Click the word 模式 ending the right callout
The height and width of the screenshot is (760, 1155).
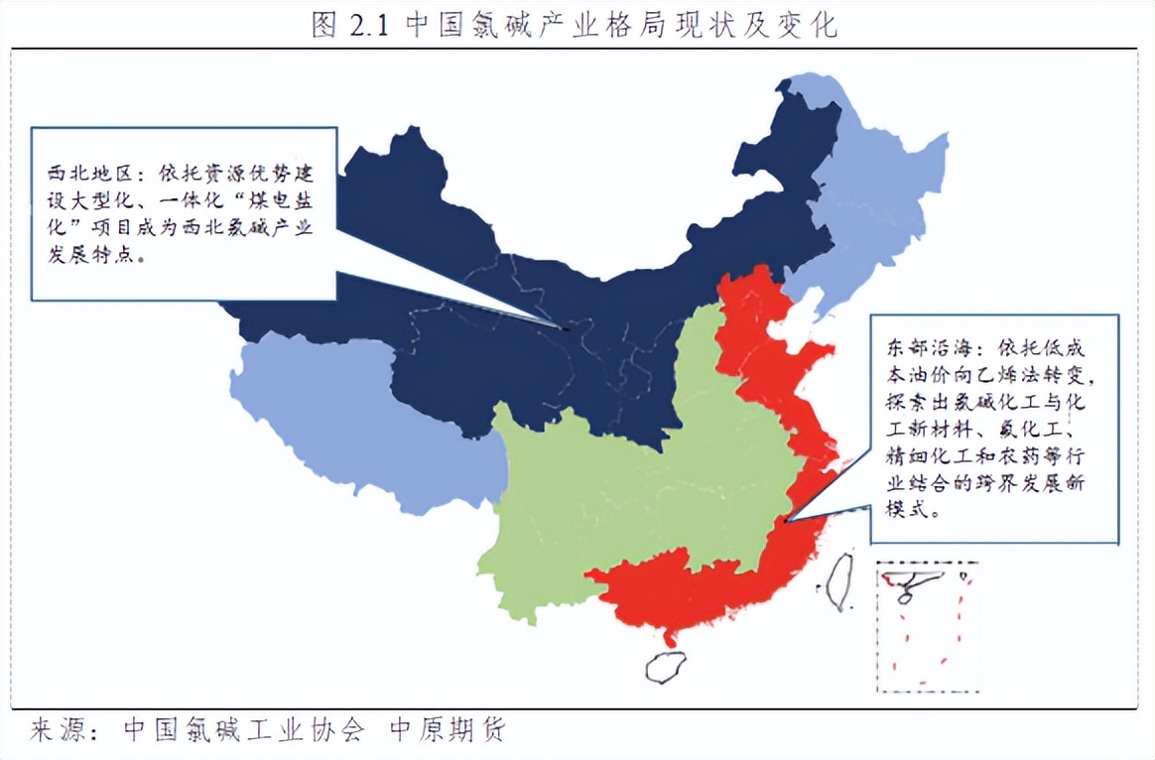[905, 512]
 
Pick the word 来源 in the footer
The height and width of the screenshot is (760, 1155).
[56, 730]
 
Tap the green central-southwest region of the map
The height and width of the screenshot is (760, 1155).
[635, 496]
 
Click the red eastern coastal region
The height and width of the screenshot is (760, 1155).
[695, 595]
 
